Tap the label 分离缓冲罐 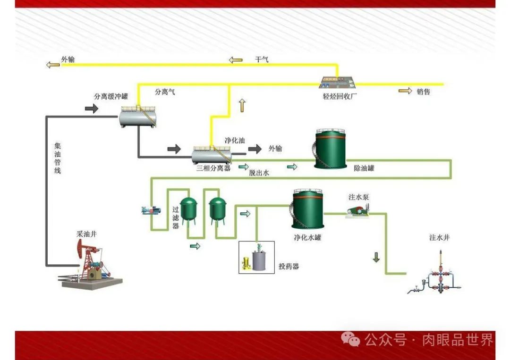coord(111,96)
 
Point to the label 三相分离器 coord(213,168)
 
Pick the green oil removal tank coord(331,150)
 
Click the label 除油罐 coord(364,167)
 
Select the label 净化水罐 coord(307,237)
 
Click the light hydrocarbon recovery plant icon coord(337,83)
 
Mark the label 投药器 coord(289,267)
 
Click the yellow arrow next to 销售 coord(405,91)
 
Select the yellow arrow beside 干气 coord(235,60)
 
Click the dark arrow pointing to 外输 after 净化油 coord(255,149)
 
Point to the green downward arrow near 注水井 coord(376,258)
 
